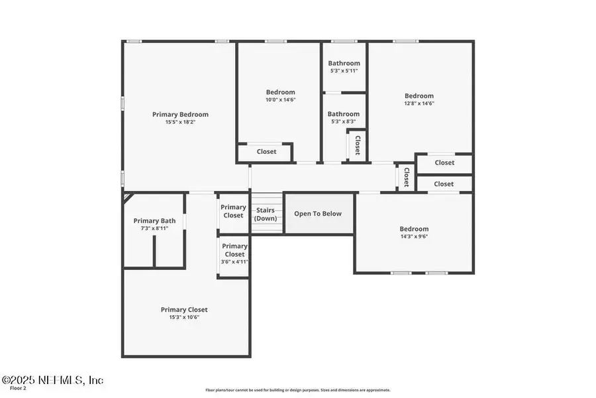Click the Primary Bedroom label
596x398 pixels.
point(180,114)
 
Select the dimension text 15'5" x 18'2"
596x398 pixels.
point(180,122)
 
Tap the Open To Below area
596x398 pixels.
point(318,214)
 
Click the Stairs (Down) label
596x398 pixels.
point(266,214)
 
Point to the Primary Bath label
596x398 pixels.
point(154,221)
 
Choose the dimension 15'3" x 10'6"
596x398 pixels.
point(183,317)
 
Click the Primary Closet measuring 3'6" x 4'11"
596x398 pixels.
point(233,254)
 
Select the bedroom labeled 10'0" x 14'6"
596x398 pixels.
point(280,96)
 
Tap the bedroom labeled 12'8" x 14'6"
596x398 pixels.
point(419,99)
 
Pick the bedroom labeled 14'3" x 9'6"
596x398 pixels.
point(414,232)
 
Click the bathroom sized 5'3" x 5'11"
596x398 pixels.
point(344,66)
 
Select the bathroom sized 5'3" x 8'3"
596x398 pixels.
point(344,117)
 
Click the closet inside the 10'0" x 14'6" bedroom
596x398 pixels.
point(266,152)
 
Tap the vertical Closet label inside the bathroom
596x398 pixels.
point(358,145)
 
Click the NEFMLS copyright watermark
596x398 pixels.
point(53,380)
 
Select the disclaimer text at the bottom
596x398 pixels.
point(298,390)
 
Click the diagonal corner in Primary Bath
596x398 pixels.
point(127,197)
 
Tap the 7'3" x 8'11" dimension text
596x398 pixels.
point(154,228)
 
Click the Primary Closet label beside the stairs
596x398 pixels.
point(233,211)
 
